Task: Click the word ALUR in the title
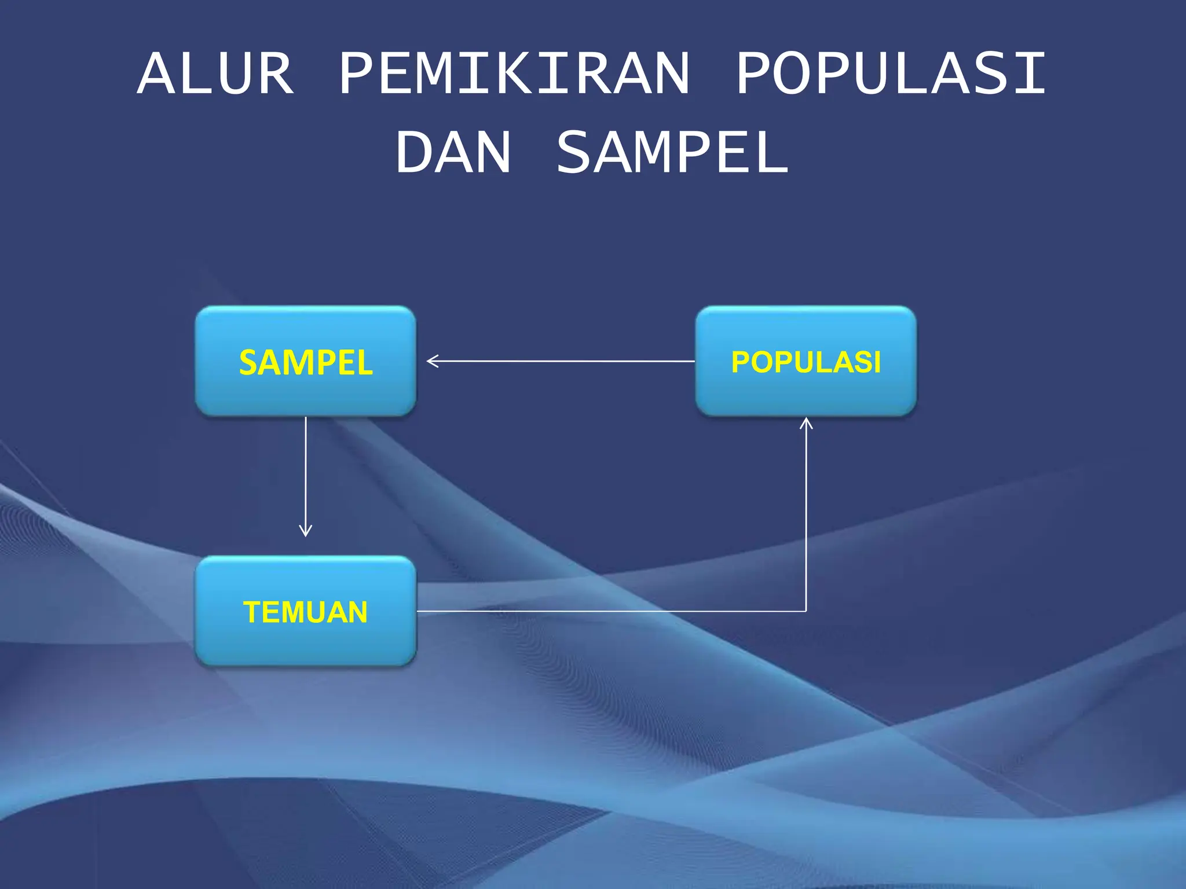[x=215, y=74]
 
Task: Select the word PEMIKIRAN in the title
[x=514, y=74]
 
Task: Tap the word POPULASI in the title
[x=891, y=74]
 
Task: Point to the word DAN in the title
[x=453, y=152]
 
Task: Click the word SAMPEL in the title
[x=672, y=152]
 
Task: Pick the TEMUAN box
[x=305, y=642]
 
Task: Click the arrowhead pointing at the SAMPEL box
[x=431, y=361]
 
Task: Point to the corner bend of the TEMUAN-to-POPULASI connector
[x=806, y=611]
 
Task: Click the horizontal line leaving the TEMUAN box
[x=608, y=611]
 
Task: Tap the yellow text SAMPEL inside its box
[x=306, y=363]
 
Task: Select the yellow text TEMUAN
[x=305, y=612]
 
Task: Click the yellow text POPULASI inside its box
[x=806, y=362]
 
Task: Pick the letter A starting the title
[x=156, y=74]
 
